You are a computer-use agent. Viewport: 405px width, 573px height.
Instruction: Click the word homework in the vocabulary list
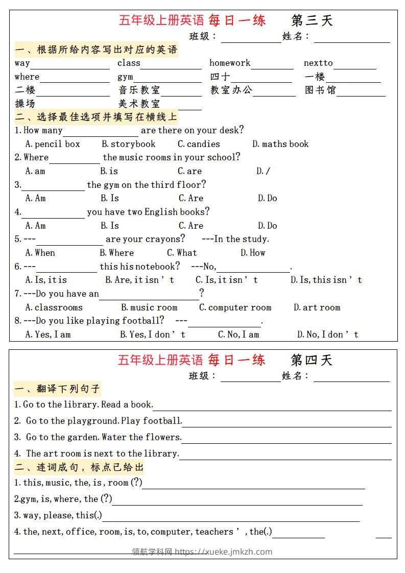[x=230, y=63]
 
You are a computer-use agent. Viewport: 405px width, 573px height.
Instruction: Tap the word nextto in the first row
[x=318, y=63]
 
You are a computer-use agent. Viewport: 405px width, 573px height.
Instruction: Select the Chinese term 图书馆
[x=320, y=90]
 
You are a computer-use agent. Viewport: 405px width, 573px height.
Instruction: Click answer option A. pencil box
[x=53, y=144]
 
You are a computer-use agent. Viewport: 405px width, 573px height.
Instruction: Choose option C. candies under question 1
[x=199, y=144]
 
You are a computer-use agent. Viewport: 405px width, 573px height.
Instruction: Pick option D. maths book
[x=280, y=144]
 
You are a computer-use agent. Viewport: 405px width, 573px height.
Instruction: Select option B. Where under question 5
[x=116, y=253]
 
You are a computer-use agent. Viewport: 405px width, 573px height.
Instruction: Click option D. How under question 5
[x=253, y=253]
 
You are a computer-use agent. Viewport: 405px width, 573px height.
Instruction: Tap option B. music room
[x=149, y=307]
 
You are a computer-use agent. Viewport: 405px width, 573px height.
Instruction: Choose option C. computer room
[x=235, y=307]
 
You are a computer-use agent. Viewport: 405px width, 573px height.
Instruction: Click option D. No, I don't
[x=328, y=335]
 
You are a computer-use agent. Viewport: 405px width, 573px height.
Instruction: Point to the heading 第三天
[x=312, y=20]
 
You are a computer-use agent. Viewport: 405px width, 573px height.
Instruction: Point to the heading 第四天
[x=312, y=360]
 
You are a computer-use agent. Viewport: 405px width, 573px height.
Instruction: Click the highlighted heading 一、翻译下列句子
[x=57, y=389]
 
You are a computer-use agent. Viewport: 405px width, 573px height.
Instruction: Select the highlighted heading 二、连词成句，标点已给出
[x=79, y=467]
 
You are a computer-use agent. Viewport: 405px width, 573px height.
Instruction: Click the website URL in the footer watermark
[x=224, y=552]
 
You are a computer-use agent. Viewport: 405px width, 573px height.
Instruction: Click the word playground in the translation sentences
[x=95, y=421]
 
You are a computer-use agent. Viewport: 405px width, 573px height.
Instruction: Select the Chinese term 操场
[x=25, y=104]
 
